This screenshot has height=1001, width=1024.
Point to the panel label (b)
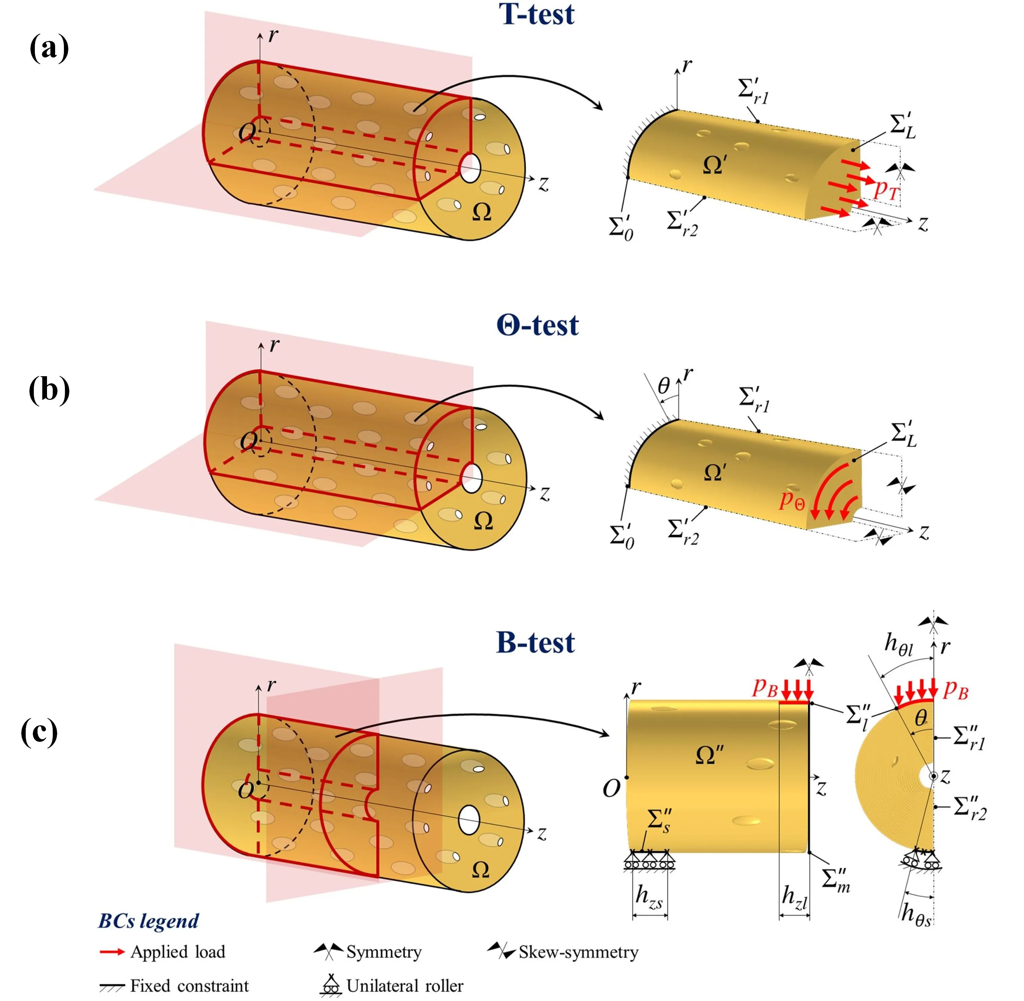click(x=49, y=390)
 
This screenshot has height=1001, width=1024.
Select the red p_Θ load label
click(x=792, y=499)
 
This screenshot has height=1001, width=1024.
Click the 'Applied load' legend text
click(x=178, y=952)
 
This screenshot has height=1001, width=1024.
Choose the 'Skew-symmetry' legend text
click(x=578, y=952)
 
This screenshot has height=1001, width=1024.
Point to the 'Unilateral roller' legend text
click(x=405, y=985)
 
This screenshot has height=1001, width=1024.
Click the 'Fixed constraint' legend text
click(x=189, y=985)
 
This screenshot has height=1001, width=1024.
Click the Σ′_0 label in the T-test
click(x=621, y=228)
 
